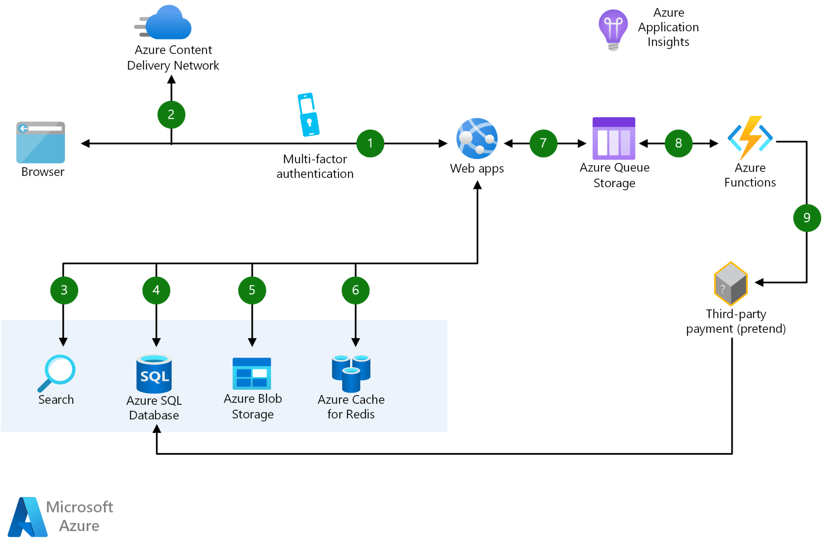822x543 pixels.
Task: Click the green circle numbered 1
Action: tap(370, 143)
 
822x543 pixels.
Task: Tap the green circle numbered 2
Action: tap(171, 115)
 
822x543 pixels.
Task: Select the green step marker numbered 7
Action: tap(543, 143)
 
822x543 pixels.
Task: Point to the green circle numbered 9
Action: tap(807, 218)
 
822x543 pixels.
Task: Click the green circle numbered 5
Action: tap(252, 290)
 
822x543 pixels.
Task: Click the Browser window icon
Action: tap(41, 142)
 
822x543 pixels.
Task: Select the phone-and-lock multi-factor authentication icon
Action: tap(308, 115)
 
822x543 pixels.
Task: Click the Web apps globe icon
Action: tap(477, 138)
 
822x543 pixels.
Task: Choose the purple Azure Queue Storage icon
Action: tap(614, 138)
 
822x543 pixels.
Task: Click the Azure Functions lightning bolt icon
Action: tap(750, 138)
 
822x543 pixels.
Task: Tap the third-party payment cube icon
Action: tap(730, 284)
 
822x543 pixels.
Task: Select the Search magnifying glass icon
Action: tap(57, 373)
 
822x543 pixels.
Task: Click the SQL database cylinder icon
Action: tap(154, 374)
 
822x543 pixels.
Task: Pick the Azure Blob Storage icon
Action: tap(252, 373)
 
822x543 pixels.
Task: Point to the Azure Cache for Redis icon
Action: tap(351, 373)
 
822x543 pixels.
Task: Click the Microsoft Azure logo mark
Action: tap(27, 517)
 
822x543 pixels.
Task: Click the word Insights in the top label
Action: tap(668, 42)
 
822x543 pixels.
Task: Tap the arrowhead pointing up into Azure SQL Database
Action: tap(157, 429)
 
